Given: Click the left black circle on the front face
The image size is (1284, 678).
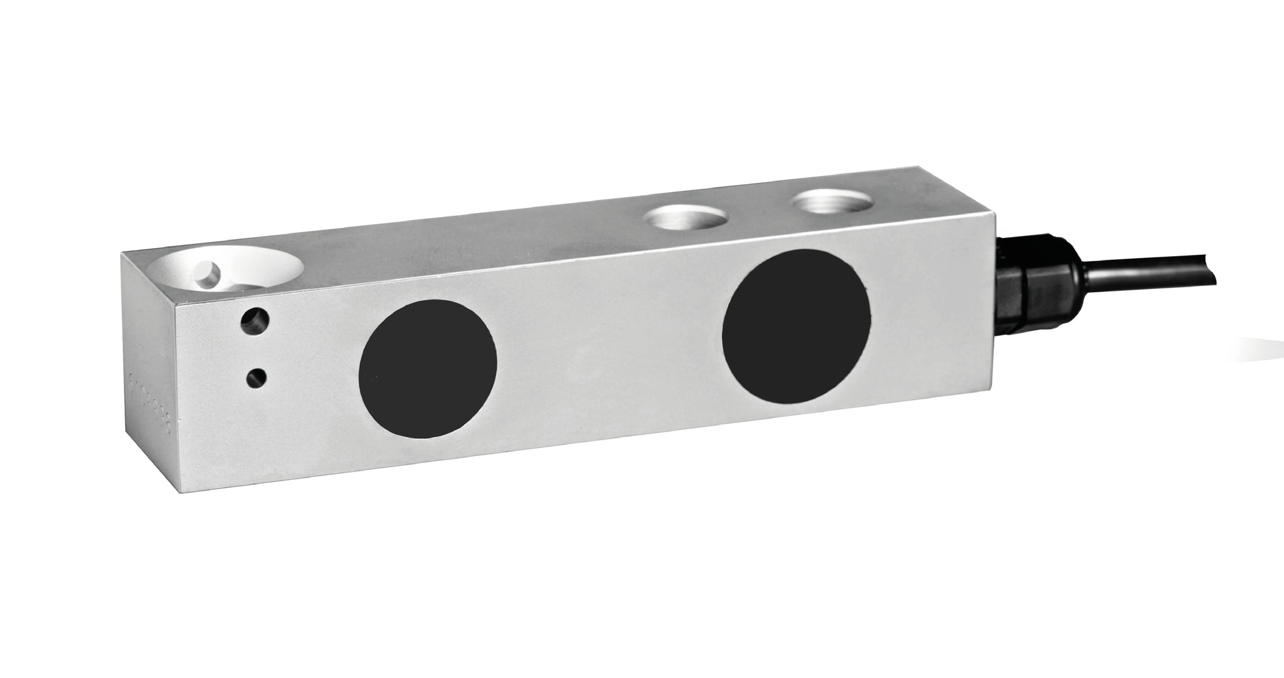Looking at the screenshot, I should (x=428, y=368).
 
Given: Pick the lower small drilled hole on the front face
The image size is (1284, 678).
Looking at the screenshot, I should (x=255, y=378).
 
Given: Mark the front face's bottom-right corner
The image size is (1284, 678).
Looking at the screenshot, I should (x=991, y=392).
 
